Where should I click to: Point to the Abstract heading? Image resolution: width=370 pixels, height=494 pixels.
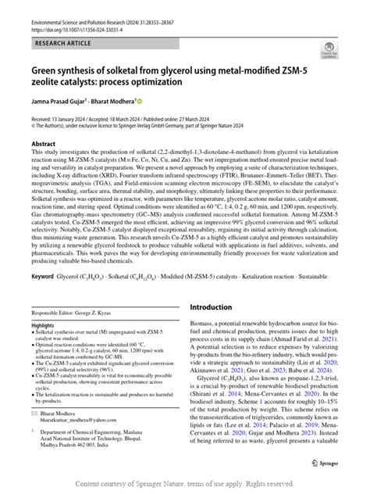43,145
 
